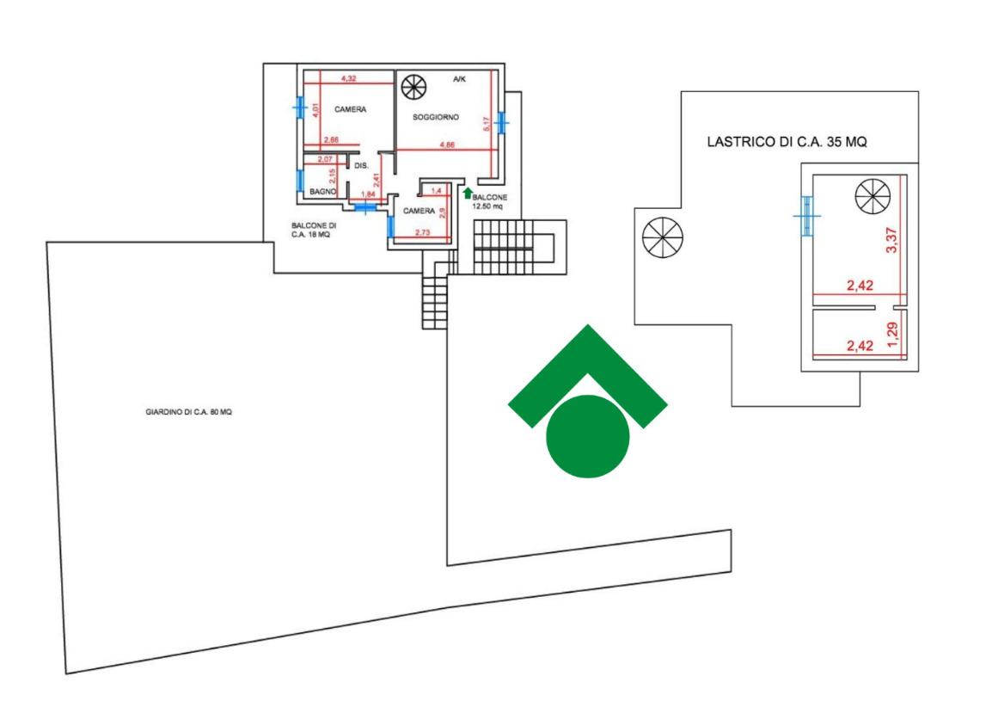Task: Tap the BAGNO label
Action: point(322,192)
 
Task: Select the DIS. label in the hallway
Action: point(361,164)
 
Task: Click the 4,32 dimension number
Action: point(349,78)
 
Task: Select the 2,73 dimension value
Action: point(422,232)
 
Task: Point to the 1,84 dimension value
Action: point(367,194)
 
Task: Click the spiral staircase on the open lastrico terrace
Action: point(663,235)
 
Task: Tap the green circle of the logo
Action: point(588,436)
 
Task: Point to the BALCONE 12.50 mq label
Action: point(490,201)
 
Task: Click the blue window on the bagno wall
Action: point(300,182)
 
